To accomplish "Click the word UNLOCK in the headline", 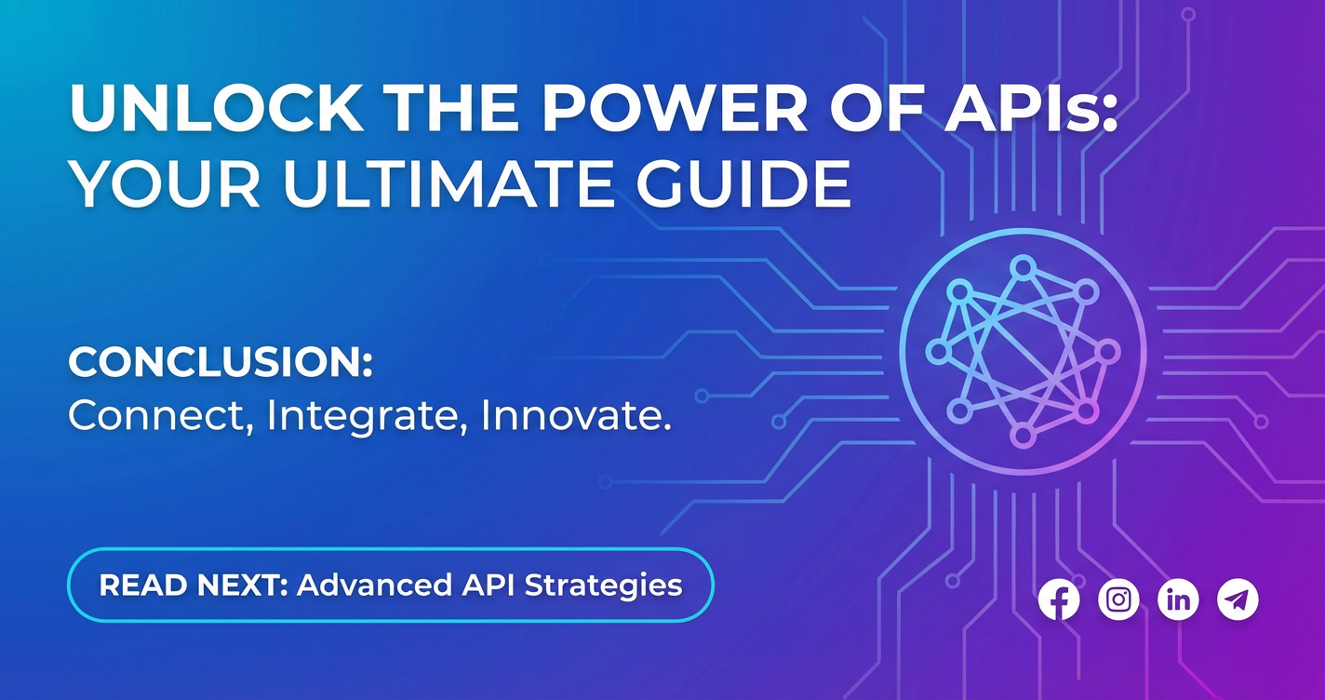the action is [217, 109].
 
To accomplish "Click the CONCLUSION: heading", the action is [221, 361].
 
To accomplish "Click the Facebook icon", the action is [1059, 599].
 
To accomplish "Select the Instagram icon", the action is [1118, 599].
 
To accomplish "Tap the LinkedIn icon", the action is [1178, 599].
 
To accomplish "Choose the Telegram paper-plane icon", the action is [1238, 599].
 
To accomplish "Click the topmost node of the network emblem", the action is [1023, 267].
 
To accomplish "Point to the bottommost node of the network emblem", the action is [1022, 437].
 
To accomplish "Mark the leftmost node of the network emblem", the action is [938, 352].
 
